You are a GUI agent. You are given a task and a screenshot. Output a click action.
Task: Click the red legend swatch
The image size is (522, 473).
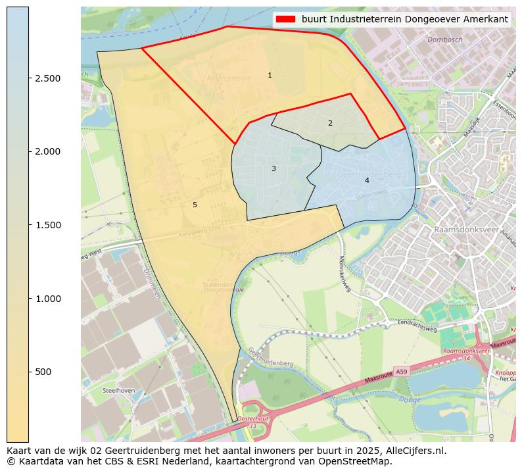pyautogui.click(x=286, y=19)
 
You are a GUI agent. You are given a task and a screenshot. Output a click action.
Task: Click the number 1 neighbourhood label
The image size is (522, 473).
pyautogui.click(x=270, y=76)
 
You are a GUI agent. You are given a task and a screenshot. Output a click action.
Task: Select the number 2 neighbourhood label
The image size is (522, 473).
pyautogui.click(x=330, y=123)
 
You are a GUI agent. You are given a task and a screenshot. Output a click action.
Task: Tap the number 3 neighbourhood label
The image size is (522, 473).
pyautogui.click(x=273, y=169)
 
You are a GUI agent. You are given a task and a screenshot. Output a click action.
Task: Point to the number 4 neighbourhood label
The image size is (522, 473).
pyautogui.click(x=367, y=180)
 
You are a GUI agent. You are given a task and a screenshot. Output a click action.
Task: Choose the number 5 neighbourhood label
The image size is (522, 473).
pyautogui.click(x=195, y=205)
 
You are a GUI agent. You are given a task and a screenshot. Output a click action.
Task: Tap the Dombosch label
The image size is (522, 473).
pyautogui.click(x=444, y=40)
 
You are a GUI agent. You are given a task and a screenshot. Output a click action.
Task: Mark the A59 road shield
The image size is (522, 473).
pyautogui.click(x=401, y=372)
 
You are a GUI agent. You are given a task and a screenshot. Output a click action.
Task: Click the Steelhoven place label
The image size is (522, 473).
pyautogui.click(x=118, y=390)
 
